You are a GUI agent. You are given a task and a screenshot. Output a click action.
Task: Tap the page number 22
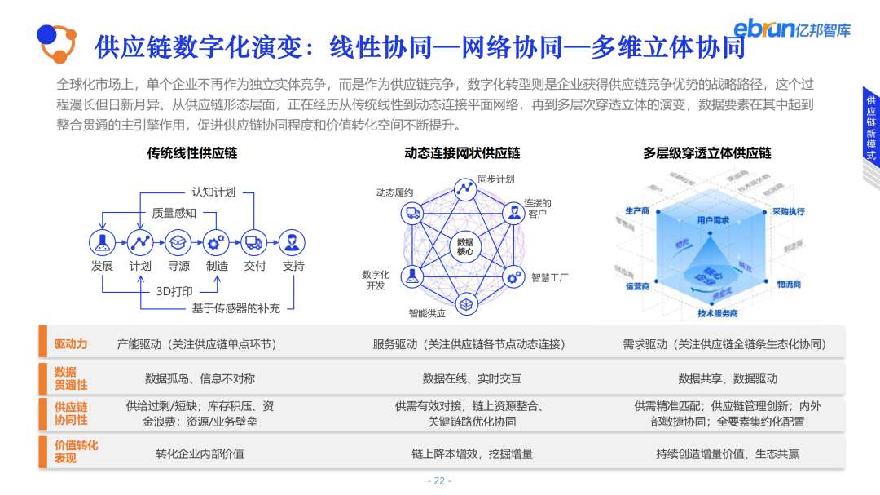tap(439, 480)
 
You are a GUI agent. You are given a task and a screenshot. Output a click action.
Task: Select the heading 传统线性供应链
tap(192, 152)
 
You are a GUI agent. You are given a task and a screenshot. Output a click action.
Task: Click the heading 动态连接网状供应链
tap(462, 152)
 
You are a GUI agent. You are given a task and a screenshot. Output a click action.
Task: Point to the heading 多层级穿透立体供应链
tap(707, 152)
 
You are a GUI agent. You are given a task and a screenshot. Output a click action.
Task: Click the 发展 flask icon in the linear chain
tap(102, 241)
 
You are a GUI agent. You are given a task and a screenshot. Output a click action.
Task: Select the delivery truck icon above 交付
tap(254, 241)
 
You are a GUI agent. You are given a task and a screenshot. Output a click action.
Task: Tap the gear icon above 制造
tap(217, 241)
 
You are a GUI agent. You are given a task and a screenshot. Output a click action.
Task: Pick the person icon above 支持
tap(293, 241)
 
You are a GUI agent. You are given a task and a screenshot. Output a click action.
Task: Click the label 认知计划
tap(213, 192)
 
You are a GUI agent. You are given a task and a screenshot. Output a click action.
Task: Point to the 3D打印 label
tap(174, 290)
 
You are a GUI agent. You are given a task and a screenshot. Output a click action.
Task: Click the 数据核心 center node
tap(464, 247)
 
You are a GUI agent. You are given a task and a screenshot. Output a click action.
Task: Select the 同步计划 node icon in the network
tap(466, 188)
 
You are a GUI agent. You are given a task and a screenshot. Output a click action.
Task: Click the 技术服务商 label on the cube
tap(717, 313)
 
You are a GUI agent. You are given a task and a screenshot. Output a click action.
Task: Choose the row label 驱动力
tap(71, 344)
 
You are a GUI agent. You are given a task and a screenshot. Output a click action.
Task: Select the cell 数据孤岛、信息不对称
tap(200, 378)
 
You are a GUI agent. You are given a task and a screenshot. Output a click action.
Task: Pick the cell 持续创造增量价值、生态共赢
tap(728, 453)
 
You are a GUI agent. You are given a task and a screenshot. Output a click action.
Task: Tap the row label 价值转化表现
tap(76, 452)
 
